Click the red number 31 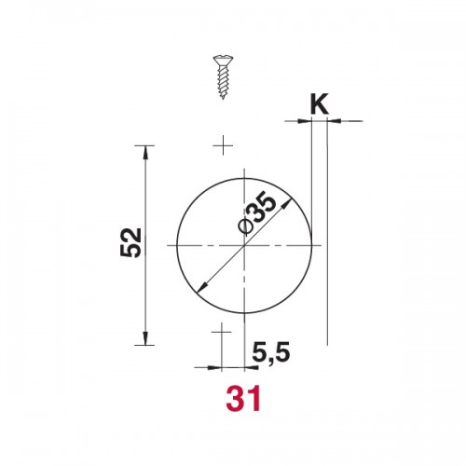click(x=243, y=398)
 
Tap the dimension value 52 click(x=130, y=242)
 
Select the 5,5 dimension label click(x=271, y=352)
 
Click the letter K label click(x=319, y=104)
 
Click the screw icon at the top click(x=223, y=77)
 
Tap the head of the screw click(x=223, y=61)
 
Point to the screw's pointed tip click(x=223, y=99)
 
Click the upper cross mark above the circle click(x=223, y=145)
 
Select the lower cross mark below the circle click(x=222, y=332)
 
